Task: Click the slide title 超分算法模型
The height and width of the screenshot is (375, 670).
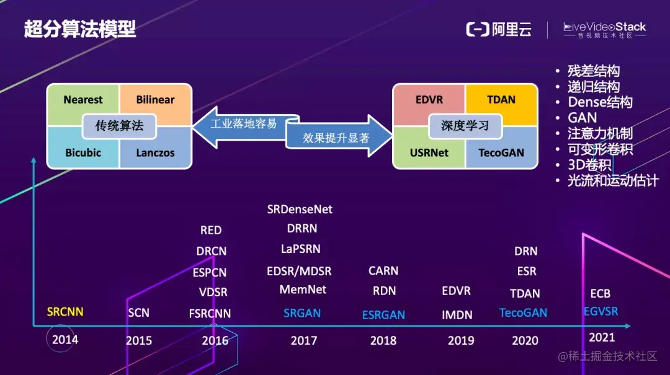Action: pyautogui.click(x=80, y=29)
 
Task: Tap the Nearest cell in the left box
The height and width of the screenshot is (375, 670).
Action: pyautogui.click(x=83, y=100)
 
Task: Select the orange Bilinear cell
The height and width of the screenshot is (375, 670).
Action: pyautogui.click(x=155, y=100)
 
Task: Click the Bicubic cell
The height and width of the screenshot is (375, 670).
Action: pyautogui.click(x=83, y=152)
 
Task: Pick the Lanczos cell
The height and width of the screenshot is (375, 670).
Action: pyautogui.click(x=155, y=152)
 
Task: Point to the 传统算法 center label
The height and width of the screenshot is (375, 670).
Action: pyautogui.click(x=119, y=126)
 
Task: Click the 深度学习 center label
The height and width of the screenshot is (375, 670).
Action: pyautogui.click(x=465, y=126)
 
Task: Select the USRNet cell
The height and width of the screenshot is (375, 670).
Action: pyautogui.click(x=429, y=152)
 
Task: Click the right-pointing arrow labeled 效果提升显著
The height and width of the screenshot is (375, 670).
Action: pyautogui.click(x=338, y=138)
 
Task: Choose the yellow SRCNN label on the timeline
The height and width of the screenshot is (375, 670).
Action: pyautogui.click(x=65, y=311)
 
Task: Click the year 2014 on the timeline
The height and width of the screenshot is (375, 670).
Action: pyautogui.click(x=65, y=340)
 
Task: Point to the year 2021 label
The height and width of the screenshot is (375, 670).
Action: pyautogui.click(x=601, y=337)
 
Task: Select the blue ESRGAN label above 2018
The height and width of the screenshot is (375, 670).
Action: pyautogui.click(x=383, y=315)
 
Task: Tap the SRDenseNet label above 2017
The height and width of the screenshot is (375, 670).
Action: pyautogui.click(x=300, y=210)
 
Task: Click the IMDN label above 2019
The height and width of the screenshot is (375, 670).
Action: pyautogui.click(x=457, y=315)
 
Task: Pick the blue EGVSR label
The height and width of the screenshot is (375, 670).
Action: pyautogui.click(x=601, y=311)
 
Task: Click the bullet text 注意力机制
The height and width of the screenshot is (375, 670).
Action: pyautogui.click(x=600, y=133)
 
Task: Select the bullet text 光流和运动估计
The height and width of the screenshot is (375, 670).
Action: pyautogui.click(x=612, y=181)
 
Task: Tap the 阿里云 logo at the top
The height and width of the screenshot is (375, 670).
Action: pyautogui.click(x=499, y=29)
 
